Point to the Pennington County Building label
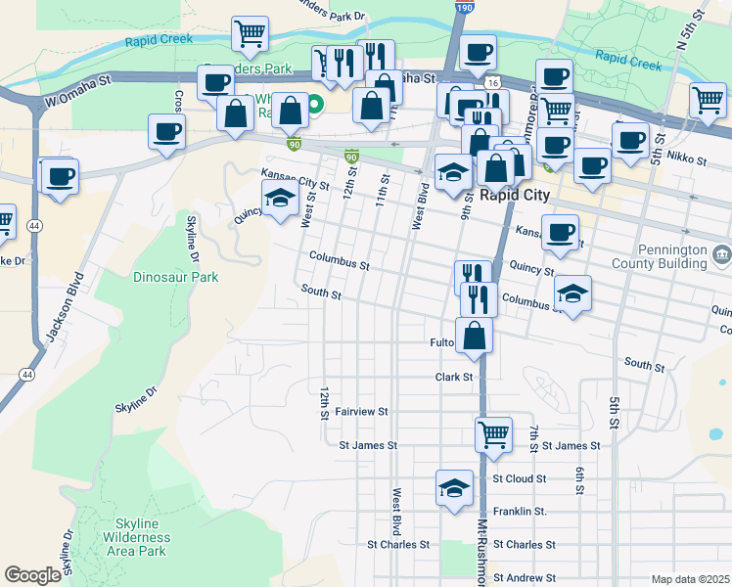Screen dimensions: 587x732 click(x=671, y=256)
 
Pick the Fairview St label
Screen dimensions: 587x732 click(x=362, y=412)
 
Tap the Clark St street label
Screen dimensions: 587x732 click(x=454, y=377)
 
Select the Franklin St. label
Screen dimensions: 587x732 click(x=519, y=512)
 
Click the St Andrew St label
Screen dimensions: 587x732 click(x=525, y=578)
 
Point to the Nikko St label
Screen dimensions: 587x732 click(x=679, y=156)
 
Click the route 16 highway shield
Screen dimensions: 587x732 click(x=491, y=84)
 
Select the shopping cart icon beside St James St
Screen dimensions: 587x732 click(x=493, y=433)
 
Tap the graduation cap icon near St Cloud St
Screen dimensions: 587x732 click(x=454, y=488)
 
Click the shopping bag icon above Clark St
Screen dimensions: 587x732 click(x=474, y=336)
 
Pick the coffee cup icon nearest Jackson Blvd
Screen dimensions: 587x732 click(x=59, y=177)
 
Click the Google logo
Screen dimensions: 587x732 click(x=32, y=575)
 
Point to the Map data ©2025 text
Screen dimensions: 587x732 click(x=690, y=579)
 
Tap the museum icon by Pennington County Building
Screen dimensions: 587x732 click(x=722, y=255)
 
